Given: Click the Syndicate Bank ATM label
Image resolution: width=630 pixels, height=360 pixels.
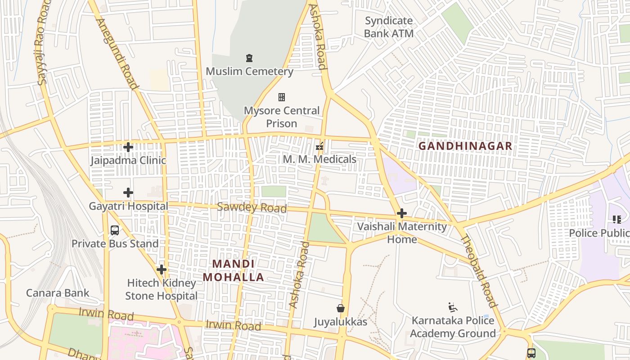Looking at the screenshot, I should tap(388, 27).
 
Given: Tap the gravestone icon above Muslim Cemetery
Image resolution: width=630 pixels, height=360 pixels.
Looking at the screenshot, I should tap(249, 58).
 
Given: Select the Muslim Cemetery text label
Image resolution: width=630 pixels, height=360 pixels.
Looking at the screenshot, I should tap(249, 71).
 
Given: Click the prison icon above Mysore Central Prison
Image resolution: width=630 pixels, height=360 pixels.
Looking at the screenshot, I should tap(282, 97).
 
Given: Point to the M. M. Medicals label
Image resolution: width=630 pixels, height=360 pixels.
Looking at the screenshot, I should tap(319, 159).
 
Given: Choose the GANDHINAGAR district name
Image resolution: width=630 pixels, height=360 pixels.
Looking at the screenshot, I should tap(465, 146).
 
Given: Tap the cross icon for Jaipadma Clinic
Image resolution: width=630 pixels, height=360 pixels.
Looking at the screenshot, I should tap(128, 147).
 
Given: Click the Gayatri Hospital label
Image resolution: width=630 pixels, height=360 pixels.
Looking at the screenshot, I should tap(128, 206).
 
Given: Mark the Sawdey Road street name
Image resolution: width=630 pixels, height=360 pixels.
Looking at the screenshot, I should tap(252, 207).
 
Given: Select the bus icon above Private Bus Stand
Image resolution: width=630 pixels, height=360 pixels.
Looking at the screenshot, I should tap(115, 230).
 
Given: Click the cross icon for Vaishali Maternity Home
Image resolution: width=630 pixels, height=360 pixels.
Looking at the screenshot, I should tap(402, 213).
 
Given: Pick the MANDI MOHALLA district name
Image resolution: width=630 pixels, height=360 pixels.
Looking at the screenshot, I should tap(233, 270).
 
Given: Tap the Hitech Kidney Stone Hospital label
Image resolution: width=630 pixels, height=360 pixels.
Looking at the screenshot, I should tap(161, 289).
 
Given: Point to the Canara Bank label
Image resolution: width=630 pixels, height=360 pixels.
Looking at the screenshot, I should tap(58, 293).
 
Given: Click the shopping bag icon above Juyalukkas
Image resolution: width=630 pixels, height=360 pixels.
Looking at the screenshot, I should tap(341, 308).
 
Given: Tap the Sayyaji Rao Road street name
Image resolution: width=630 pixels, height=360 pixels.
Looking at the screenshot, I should tap(42, 45).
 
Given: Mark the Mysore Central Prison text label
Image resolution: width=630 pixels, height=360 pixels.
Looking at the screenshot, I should tap(282, 117).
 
